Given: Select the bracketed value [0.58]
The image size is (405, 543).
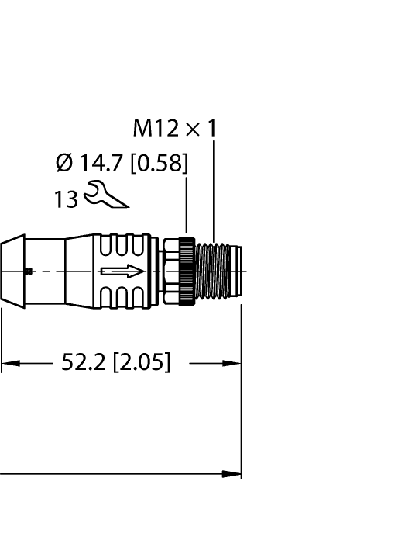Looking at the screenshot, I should pos(159,164).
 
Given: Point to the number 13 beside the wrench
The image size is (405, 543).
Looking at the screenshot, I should pos(66,199).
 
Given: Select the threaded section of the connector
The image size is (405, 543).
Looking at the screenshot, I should pos(214,271).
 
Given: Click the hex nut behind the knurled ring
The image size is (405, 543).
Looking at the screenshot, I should pos(168,271).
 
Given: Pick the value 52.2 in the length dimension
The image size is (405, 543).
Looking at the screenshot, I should pos(84,362).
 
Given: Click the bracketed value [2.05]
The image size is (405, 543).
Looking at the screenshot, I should pos(142,362).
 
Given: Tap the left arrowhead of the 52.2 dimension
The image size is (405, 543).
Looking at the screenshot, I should pos(9,362).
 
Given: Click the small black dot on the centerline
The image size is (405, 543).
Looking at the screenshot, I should pos(29,271).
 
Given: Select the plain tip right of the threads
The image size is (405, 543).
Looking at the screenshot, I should pos(236,271).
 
